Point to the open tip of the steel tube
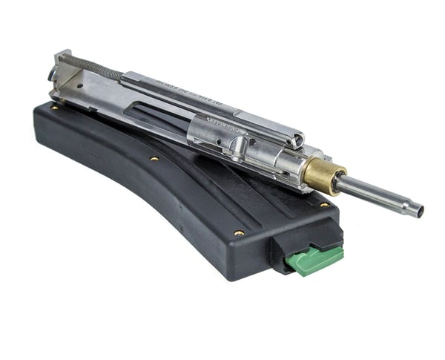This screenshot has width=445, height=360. click(x=419, y=212)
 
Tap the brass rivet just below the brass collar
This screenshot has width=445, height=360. click(x=324, y=204)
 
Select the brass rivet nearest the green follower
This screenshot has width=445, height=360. click(x=239, y=232)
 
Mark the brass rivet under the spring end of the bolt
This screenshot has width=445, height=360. click(x=54, y=108)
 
